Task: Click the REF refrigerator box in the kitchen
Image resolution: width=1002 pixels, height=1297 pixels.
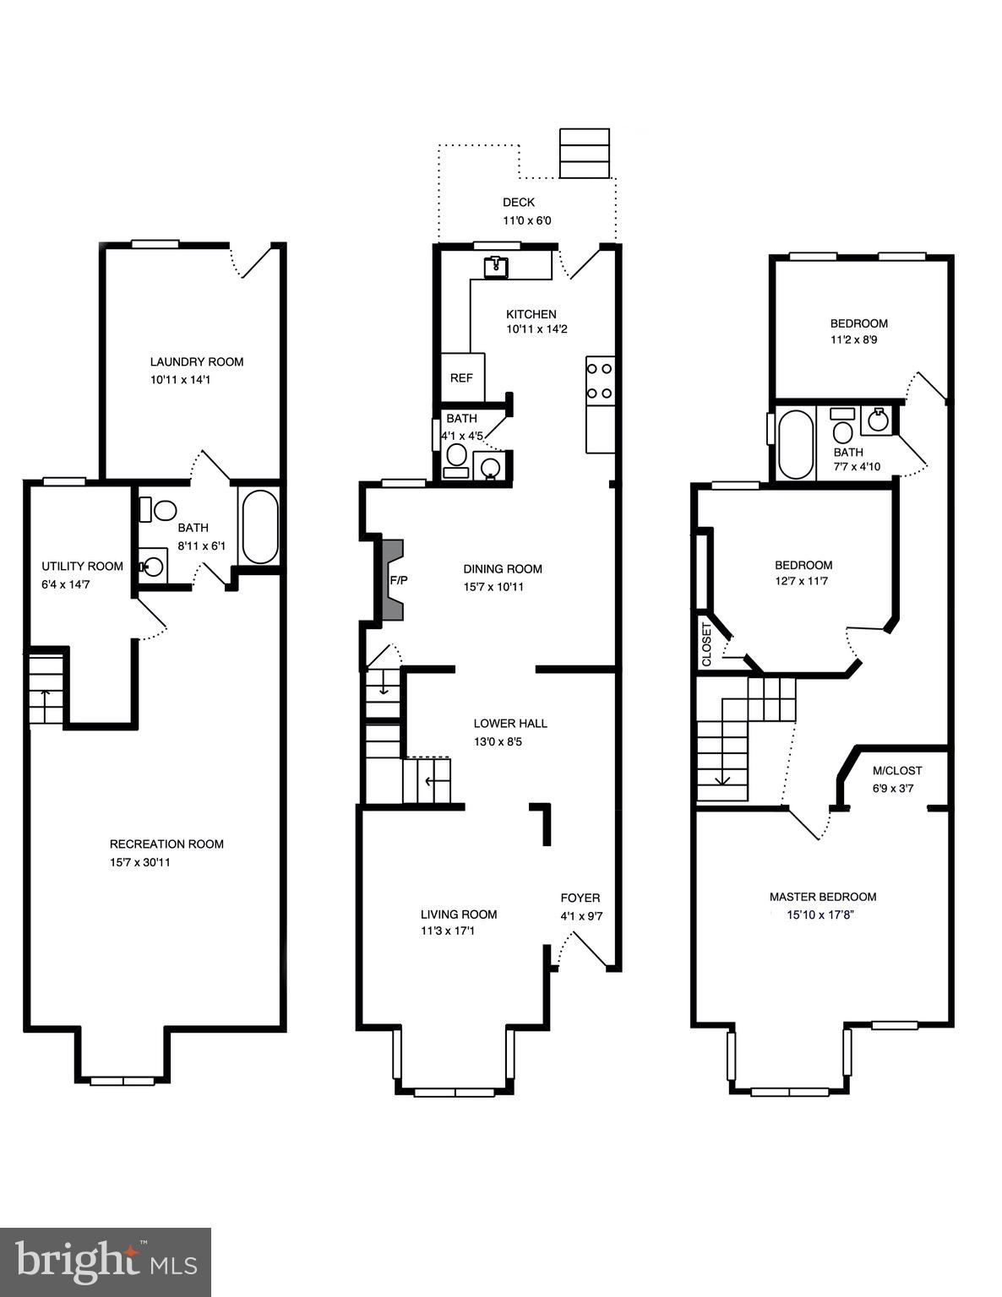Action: click(462, 377)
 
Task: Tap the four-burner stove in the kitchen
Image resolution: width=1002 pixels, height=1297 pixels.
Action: click(600, 381)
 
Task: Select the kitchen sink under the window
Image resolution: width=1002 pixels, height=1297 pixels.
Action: click(496, 268)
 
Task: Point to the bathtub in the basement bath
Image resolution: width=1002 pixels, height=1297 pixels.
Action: click(259, 527)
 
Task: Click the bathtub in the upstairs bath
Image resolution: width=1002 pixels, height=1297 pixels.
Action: click(795, 444)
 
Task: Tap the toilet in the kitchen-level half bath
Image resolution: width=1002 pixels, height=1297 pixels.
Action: click(456, 457)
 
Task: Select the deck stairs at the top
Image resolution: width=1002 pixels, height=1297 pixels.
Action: click(585, 153)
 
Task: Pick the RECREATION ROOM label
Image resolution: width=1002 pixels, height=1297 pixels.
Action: click(166, 844)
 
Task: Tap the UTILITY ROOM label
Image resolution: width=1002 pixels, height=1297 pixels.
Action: click(82, 566)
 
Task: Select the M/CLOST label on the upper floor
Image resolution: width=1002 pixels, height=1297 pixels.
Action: click(896, 770)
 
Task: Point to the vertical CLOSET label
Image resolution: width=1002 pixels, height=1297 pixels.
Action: click(707, 644)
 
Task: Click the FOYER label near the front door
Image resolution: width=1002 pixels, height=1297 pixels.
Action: click(580, 898)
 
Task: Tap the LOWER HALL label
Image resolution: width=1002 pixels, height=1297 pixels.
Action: click(509, 723)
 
